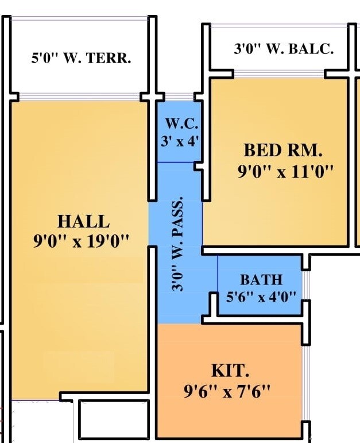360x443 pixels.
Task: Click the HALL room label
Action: [83, 221]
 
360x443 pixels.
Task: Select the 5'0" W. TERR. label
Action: [81, 58]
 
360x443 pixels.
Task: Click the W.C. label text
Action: [181, 124]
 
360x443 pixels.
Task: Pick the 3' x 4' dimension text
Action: [180, 140]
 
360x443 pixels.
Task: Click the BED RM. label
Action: [283, 151]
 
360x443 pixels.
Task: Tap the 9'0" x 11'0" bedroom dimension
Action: [285, 171]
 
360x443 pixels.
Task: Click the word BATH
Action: [261, 280]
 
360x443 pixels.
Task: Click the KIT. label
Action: [230, 370]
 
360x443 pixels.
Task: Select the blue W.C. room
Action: [180, 152]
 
